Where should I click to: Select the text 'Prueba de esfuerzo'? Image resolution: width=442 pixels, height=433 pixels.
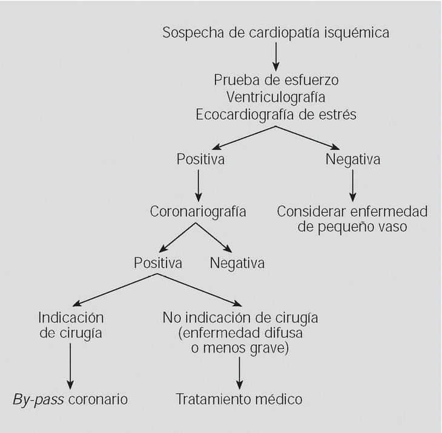click(x=275, y=80)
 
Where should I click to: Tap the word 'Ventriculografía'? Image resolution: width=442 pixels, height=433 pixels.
click(x=275, y=97)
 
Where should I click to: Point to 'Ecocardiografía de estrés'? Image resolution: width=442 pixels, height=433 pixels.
click(x=275, y=114)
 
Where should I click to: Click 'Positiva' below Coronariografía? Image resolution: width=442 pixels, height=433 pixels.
click(x=158, y=264)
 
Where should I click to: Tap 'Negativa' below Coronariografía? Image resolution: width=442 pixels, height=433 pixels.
click(x=237, y=264)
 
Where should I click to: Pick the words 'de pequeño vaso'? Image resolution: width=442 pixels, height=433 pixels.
click(x=352, y=228)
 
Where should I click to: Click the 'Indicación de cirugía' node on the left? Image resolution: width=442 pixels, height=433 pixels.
click(x=71, y=325)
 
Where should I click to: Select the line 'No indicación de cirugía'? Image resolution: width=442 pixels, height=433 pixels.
click(x=240, y=317)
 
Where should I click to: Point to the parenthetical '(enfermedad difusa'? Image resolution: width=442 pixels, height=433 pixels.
click(x=240, y=333)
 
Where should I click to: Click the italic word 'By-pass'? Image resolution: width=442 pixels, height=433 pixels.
click(x=38, y=400)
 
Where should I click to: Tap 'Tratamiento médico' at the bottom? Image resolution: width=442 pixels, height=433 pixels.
click(x=239, y=400)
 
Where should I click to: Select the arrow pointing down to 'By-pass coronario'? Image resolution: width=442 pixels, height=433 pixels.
click(x=71, y=366)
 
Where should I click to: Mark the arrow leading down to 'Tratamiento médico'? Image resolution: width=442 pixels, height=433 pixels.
click(x=240, y=373)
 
